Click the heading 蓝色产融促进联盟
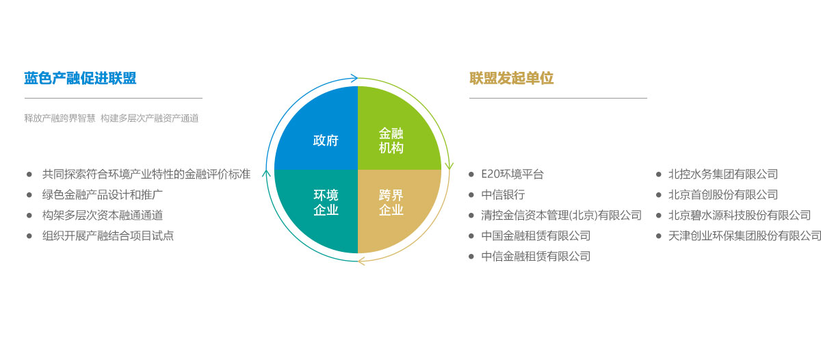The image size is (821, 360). pos(80,78)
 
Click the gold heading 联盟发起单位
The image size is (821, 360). pos(511,78)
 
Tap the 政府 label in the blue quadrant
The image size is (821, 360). pos(326,140)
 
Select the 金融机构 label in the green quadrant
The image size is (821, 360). pos(391,140)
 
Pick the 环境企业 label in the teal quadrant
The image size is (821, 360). pos(326,203)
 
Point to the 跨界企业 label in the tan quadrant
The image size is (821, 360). pos(391,203)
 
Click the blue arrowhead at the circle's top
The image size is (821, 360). pos(354,78)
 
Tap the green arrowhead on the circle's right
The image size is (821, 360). pos(449,166)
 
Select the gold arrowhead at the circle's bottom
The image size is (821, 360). pos(361,261)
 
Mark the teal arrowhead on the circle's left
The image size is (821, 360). pos(266,173)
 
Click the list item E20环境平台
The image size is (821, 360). pos(512,174)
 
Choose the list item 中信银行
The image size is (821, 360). pos(503,194)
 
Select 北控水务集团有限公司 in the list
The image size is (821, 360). pos(723,174)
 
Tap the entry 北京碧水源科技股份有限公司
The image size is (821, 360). pos(740,215)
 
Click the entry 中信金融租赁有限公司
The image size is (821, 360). pos(536,256)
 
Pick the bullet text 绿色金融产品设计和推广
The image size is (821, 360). pos(102,194)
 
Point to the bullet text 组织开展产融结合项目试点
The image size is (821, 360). pos(108,235)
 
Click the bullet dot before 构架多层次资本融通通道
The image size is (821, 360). pos(29,216)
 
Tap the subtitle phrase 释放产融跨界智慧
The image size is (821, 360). pos(60,118)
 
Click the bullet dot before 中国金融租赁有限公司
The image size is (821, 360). pos(471,236)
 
